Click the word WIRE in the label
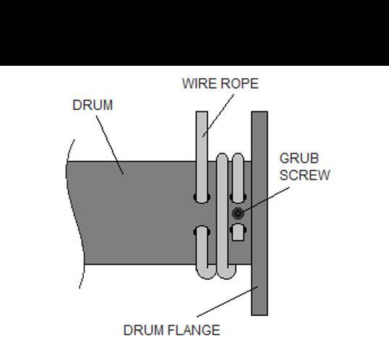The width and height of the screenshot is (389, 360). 200,83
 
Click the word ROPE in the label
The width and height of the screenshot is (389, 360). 239,83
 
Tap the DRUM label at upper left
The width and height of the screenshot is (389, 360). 93,105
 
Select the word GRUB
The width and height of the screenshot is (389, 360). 299,158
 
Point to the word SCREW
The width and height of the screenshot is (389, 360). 304,175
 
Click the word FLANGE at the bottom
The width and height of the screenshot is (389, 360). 194,330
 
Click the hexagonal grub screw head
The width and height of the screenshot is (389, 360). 238,213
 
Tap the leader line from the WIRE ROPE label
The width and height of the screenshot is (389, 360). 218,116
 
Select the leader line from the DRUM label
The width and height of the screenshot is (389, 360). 110,145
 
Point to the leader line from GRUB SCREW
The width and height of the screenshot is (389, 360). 266,200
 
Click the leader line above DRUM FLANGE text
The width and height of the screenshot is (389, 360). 227,301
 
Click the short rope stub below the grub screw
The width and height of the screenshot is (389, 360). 238,232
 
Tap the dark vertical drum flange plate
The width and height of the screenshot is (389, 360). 260,213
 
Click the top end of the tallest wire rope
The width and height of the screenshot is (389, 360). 202,112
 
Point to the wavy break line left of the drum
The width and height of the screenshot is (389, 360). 75,213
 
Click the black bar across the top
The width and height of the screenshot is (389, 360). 194,33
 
